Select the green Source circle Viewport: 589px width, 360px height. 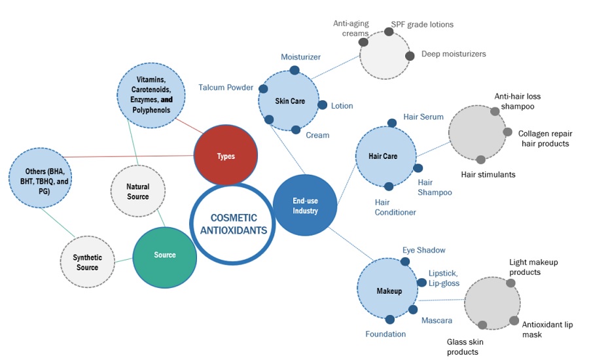click(164, 255)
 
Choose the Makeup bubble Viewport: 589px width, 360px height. click(388, 290)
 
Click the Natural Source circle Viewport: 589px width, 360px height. click(137, 191)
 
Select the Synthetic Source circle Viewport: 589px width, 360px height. click(87, 262)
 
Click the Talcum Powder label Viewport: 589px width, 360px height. click(226, 88)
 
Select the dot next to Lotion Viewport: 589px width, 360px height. click(322, 105)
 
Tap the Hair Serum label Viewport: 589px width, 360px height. click(423, 117)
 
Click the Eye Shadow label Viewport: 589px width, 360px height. click(424, 250)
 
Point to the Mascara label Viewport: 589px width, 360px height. click(437, 321)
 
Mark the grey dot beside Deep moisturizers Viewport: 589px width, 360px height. click(410, 56)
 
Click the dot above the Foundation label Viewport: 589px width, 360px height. click(390, 319)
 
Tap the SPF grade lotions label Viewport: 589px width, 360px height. click(422, 25)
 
